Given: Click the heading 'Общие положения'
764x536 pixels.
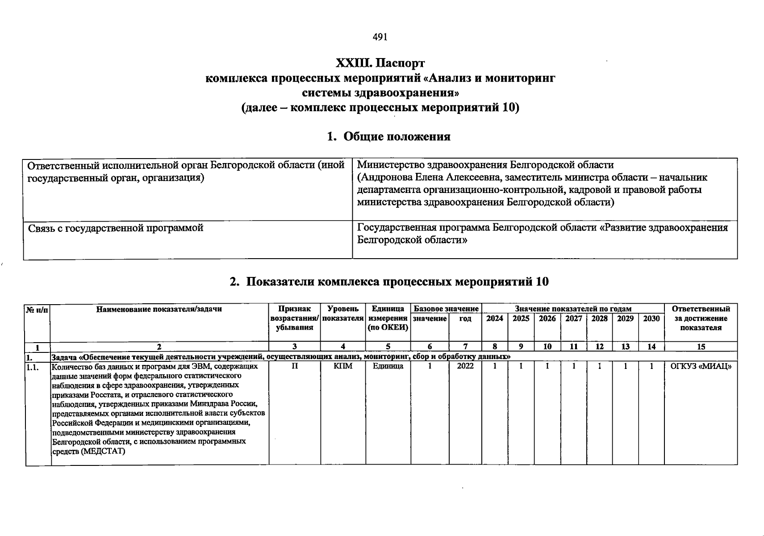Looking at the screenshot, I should pyautogui.click(x=397, y=137).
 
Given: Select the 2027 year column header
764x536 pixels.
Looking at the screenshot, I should pyautogui.click(x=573, y=318).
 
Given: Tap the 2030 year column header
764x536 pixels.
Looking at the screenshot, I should pyautogui.click(x=651, y=318).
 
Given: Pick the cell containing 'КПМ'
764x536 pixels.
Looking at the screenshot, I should pyautogui.click(x=343, y=366).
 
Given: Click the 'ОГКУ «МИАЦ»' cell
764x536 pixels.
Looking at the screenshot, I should pyautogui.click(x=701, y=366).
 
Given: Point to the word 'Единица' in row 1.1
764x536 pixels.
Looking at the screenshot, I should pyautogui.click(x=388, y=366).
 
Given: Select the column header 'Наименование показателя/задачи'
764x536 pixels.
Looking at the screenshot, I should pyautogui.click(x=159, y=309).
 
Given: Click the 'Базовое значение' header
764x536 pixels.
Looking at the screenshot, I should pyautogui.click(x=446, y=309).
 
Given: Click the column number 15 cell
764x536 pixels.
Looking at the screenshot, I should pyautogui.click(x=701, y=347).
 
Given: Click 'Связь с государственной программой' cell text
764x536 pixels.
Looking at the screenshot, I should pyautogui.click(x=116, y=228).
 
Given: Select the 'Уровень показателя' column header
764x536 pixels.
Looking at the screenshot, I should pyautogui.click(x=342, y=314).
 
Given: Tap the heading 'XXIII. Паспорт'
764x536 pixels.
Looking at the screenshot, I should pyautogui.click(x=380, y=63).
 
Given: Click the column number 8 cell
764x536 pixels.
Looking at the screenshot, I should pyautogui.click(x=494, y=347).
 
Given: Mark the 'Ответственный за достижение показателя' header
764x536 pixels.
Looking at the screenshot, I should pyautogui.click(x=701, y=318).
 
